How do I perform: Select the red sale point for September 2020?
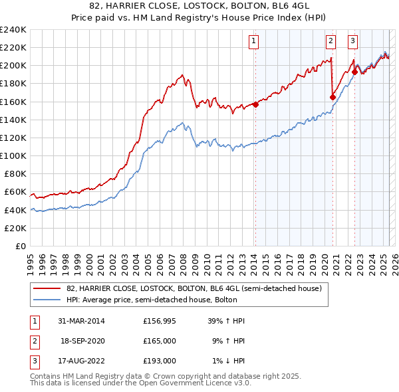(x=332, y=96)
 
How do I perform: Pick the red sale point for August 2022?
(x=354, y=72)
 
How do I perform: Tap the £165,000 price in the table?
(x=160, y=341)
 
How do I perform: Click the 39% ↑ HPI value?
(x=227, y=321)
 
